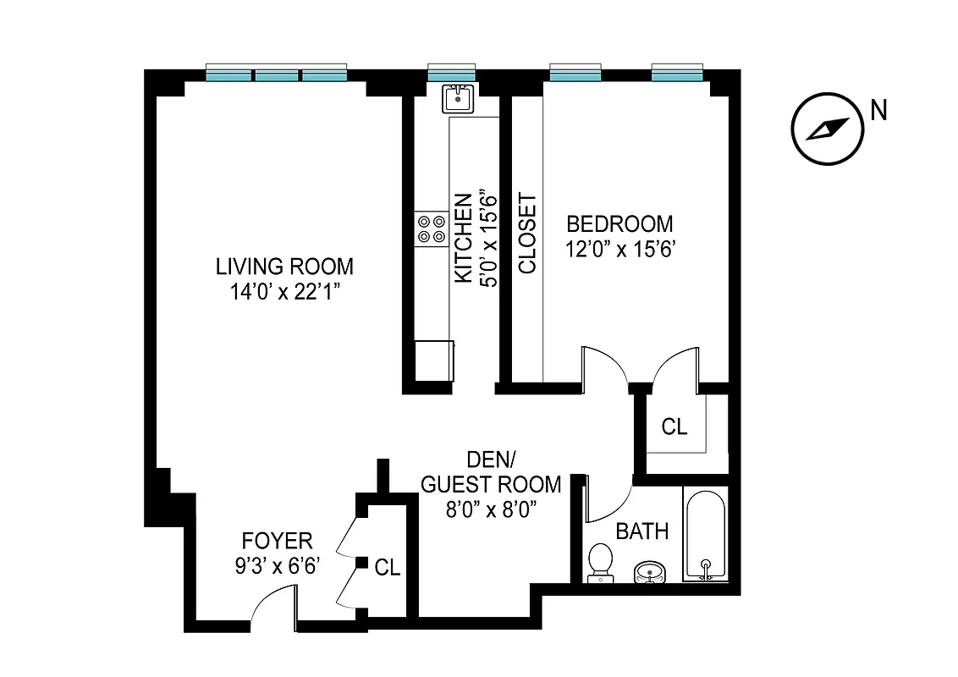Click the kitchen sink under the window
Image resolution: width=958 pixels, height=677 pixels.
(458, 99)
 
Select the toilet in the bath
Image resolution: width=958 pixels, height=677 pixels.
(600, 562)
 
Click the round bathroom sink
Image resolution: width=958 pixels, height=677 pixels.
(649, 573)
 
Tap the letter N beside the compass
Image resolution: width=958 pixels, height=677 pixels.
(879, 110)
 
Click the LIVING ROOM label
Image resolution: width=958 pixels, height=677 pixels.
(284, 267)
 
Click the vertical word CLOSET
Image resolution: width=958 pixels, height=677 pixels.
(527, 234)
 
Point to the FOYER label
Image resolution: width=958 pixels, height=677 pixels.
(278, 541)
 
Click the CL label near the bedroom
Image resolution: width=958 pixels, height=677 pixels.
(674, 427)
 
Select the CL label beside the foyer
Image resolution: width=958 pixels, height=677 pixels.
(388, 568)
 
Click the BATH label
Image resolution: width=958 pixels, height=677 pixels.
(642, 531)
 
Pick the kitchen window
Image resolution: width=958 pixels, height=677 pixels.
(451, 74)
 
